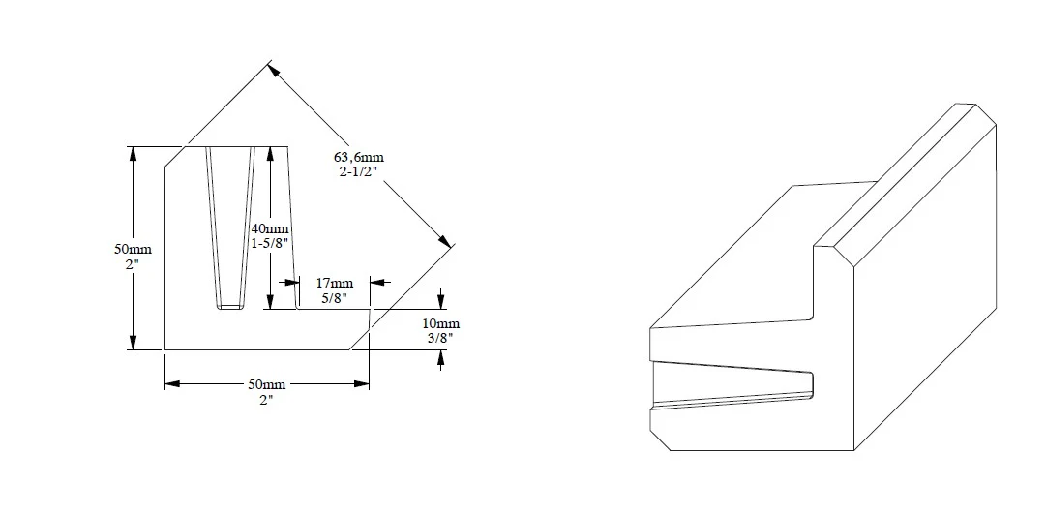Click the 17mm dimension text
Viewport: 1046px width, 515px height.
(x=334, y=283)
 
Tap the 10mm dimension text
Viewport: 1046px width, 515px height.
(x=441, y=322)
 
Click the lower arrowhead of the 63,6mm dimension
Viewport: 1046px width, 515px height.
(x=446, y=241)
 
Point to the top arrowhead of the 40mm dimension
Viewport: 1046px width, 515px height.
(x=272, y=153)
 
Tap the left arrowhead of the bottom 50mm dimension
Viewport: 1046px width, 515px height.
(x=171, y=384)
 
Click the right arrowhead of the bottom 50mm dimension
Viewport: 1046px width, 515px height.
(x=363, y=384)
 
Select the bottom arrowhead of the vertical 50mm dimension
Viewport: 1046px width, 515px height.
(x=134, y=343)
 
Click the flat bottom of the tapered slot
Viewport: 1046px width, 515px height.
(x=230, y=307)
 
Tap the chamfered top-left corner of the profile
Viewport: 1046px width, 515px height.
(x=174, y=156)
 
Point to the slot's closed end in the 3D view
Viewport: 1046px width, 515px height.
(x=814, y=383)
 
